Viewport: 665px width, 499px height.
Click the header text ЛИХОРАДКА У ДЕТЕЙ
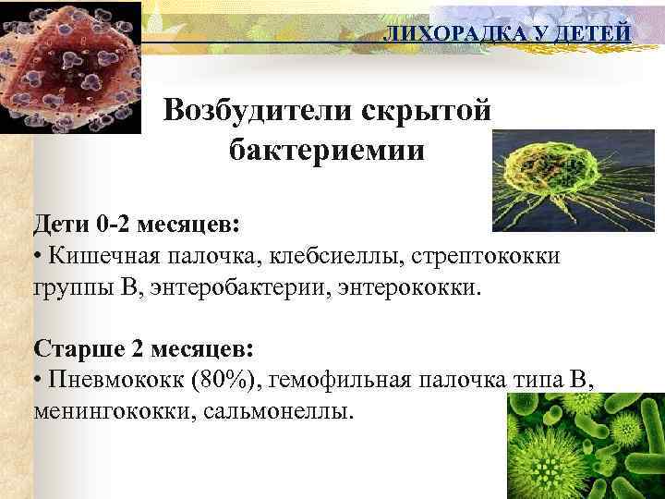pyautogui.click(x=507, y=33)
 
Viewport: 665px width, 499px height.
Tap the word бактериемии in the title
pyautogui.click(x=327, y=151)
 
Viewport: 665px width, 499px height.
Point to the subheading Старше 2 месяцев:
pyautogui.click(x=143, y=349)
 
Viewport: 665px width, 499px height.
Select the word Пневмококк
pyautogui.click(x=111, y=379)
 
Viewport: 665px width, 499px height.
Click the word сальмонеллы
pyautogui.click(x=276, y=409)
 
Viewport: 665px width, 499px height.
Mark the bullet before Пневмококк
pyautogui.click(x=38, y=380)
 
